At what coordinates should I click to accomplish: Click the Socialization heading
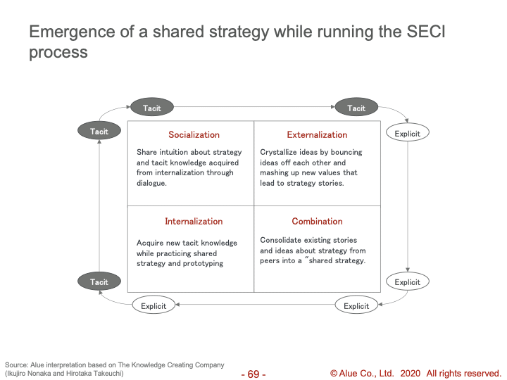194,134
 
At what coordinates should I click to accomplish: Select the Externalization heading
317,134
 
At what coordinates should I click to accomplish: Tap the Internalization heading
194,222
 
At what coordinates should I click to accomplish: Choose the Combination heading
317,222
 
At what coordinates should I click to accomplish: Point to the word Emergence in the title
72,32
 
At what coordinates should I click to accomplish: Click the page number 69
254,374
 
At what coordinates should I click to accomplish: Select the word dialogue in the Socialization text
151,183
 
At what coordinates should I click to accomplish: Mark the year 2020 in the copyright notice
411,374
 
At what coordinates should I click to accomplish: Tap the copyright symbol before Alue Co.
334,374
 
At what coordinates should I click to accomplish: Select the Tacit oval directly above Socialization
152,108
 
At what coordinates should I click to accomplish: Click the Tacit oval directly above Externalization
356,108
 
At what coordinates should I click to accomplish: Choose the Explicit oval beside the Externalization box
408,133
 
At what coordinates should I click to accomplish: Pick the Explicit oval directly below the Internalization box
154,305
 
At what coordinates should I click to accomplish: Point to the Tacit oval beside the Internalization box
99,281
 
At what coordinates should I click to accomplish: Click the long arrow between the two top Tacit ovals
254,107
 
